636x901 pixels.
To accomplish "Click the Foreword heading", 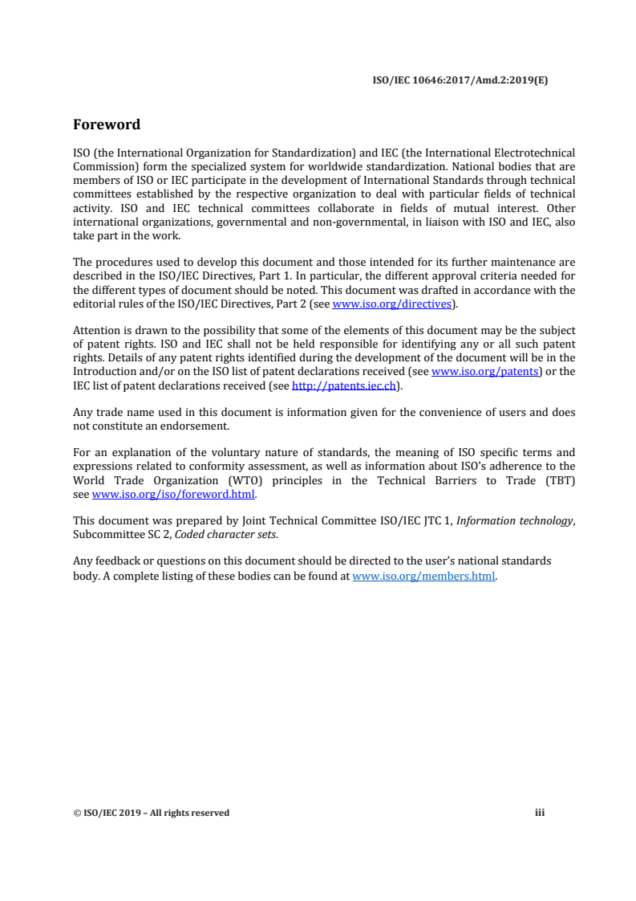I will coord(107,124).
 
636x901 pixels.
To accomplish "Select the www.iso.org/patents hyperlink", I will coord(486,372).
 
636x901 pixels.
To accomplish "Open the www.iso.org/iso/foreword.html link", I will coord(173,495).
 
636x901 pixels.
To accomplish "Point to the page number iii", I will coord(540,813).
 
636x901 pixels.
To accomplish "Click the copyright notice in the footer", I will coord(151,813).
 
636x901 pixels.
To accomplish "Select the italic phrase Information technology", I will coord(514,520).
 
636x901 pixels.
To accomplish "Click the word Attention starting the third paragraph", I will coord(96,330).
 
